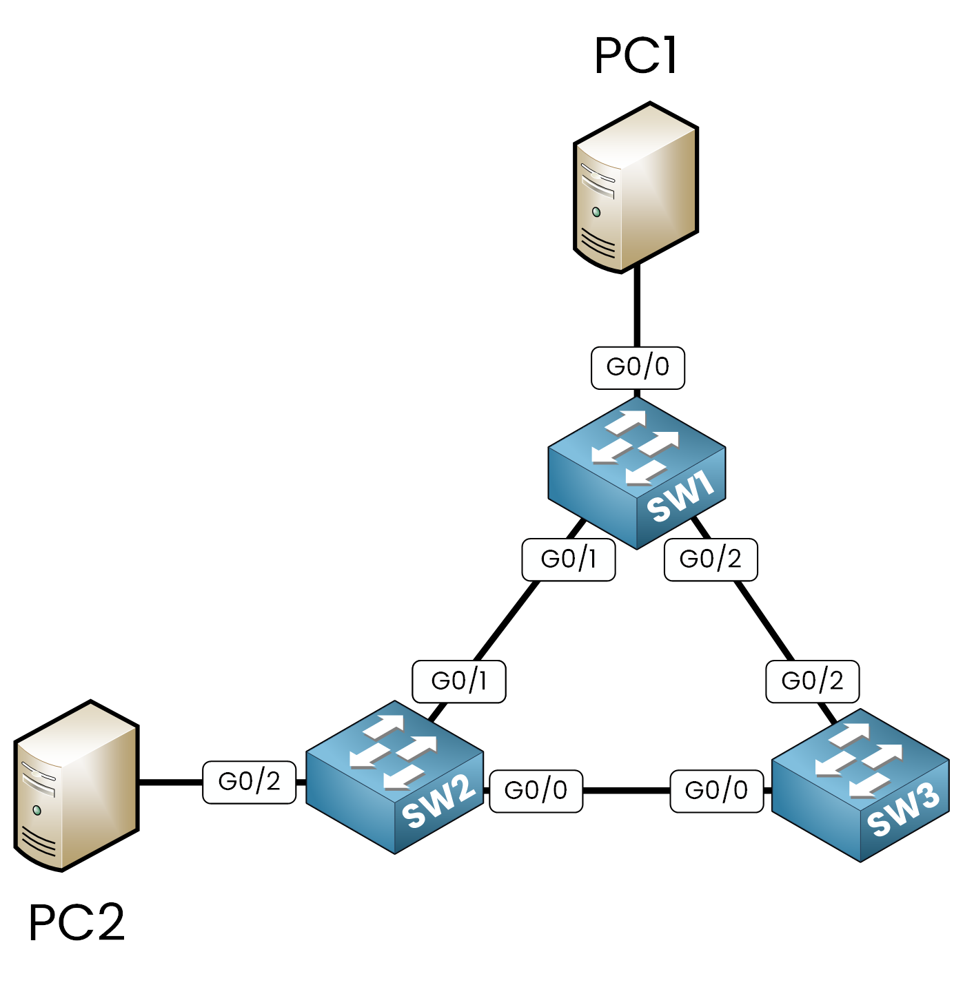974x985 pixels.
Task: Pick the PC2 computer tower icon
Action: pyautogui.click(x=77, y=786)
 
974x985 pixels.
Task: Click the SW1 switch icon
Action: pyautogui.click(x=637, y=473)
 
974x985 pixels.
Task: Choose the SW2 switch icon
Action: pyautogui.click(x=394, y=777)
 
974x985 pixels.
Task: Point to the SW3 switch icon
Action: pyautogui.click(x=860, y=785)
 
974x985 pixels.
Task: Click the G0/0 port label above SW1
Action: pyautogui.click(x=638, y=368)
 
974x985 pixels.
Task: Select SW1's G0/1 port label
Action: pyautogui.click(x=568, y=559)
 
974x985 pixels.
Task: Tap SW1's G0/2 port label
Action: pyautogui.click(x=711, y=559)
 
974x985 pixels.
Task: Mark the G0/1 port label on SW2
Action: pyautogui.click(x=458, y=681)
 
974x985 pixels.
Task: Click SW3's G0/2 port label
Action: pyautogui.click(x=813, y=681)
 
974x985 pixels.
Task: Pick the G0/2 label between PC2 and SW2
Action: pyautogui.click(x=249, y=782)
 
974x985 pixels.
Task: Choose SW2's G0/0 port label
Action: pyautogui.click(x=536, y=791)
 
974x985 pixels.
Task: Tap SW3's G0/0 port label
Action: pyautogui.click(x=717, y=791)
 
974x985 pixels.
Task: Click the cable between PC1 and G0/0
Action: pyautogui.click(x=637, y=307)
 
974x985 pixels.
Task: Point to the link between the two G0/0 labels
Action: pyautogui.click(x=626, y=791)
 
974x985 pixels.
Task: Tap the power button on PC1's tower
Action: pyautogui.click(x=596, y=212)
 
